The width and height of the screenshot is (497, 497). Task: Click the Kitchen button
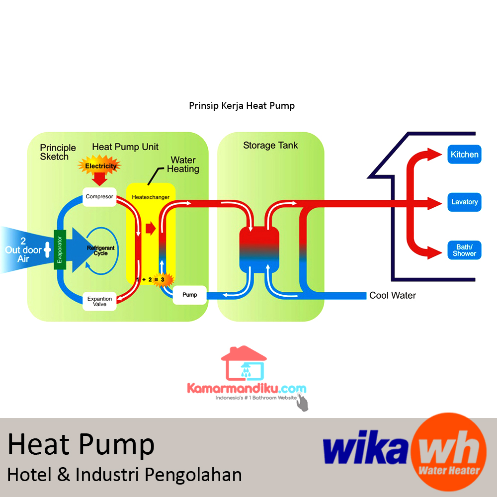pyautogui.click(x=464, y=155)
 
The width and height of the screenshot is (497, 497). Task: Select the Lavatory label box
pyautogui.click(x=464, y=202)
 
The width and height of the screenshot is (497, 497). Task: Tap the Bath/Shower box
pyautogui.click(x=464, y=250)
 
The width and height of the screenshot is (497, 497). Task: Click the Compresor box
pyautogui.click(x=99, y=197)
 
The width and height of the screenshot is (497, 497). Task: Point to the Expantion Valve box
pyautogui.click(x=99, y=302)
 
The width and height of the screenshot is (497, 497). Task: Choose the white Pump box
pyautogui.click(x=189, y=295)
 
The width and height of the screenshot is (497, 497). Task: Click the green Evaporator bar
pyautogui.click(x=60, y=250)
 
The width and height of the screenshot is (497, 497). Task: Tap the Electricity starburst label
pyautogui.click(x=101, y=166)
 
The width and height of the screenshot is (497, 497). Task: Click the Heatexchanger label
pyautogui.click(x=151, y=197)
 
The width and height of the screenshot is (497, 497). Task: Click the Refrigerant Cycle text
pyautogui.click(x=100, y=250)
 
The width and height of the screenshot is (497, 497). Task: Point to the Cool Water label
pyautogui.click(x=392, y=296)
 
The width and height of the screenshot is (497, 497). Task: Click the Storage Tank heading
pyautogui.click(x=270, y=146)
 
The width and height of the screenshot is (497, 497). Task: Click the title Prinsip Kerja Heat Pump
pyautogui.click(x=242, y=106)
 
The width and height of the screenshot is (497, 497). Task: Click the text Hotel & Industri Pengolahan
pyautogui.click(x=124, y=475)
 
